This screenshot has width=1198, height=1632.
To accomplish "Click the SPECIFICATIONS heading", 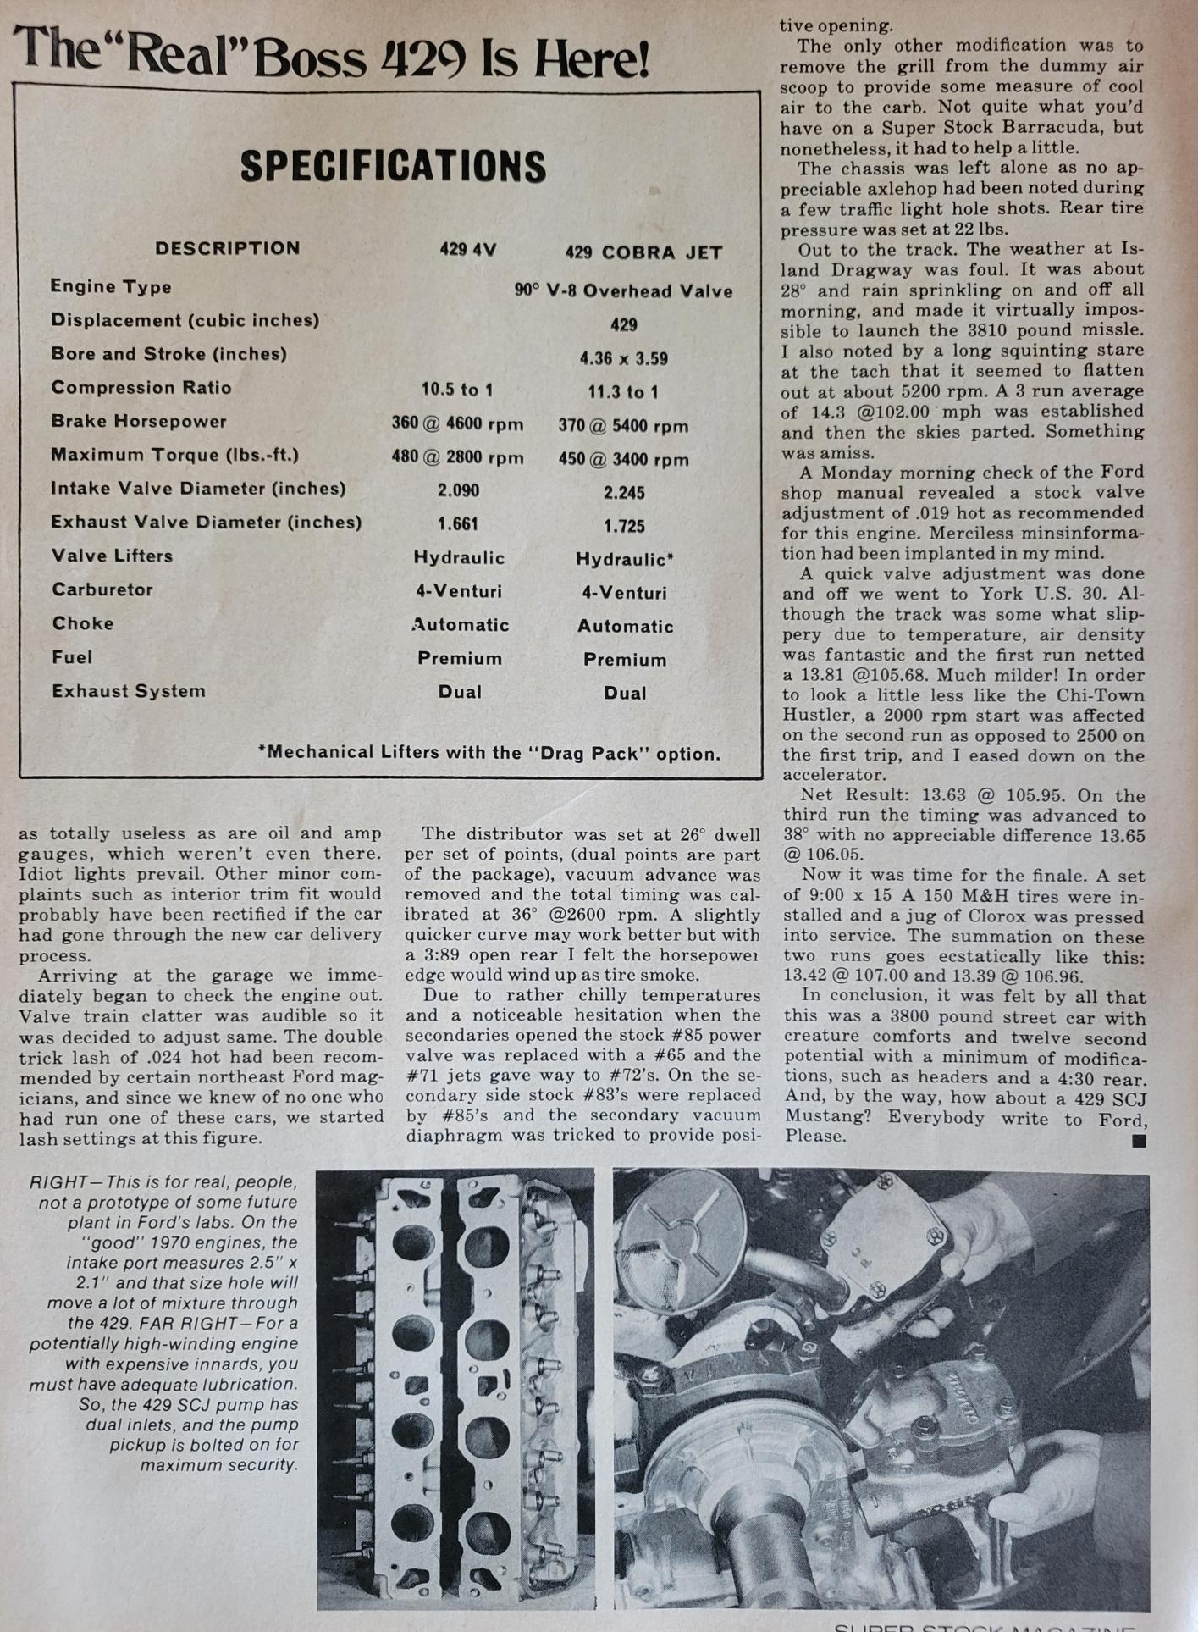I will [393, 166].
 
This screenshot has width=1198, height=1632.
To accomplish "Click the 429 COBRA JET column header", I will [643, 252].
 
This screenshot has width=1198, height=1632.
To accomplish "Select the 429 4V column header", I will [467, 249].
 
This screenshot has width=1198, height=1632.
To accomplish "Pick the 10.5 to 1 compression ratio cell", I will [457, 390].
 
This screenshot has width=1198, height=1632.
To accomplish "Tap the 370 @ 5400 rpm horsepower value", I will [623, 425].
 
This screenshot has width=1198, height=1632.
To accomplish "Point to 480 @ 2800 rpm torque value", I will [457, 457].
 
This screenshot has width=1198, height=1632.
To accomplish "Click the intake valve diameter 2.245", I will [624, 492].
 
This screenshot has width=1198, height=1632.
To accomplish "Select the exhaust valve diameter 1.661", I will [458, 524].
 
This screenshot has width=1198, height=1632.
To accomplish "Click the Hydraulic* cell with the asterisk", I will [625, 559].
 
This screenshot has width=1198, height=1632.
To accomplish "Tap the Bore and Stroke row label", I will [168, 354].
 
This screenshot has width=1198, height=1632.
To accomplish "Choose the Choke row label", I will [83, 623].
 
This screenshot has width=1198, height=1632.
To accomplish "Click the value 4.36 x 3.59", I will [623, 358].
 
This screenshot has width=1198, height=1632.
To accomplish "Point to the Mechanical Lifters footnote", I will [489, 753].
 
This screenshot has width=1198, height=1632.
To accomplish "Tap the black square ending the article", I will [1139, 1141].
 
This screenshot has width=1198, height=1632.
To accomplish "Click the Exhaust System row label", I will [129, 691].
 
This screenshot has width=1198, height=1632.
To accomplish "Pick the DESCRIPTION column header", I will [227, 248].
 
